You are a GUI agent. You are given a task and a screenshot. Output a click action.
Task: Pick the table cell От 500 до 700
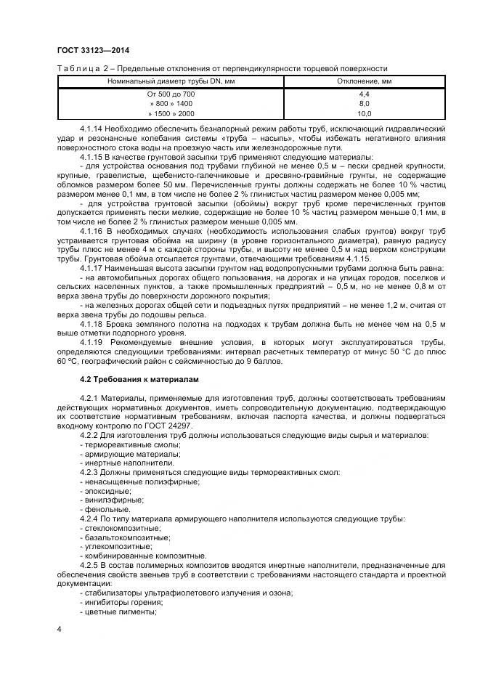[171, 94]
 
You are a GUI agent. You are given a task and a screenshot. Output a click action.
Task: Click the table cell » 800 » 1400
[171, 104]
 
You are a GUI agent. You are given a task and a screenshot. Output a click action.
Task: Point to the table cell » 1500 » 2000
[171, 113]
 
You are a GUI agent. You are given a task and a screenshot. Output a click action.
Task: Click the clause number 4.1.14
[92, 128]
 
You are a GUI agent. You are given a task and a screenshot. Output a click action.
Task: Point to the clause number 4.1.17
[92, 269]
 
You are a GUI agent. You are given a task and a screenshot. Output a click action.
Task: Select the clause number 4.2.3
[91, 472]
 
